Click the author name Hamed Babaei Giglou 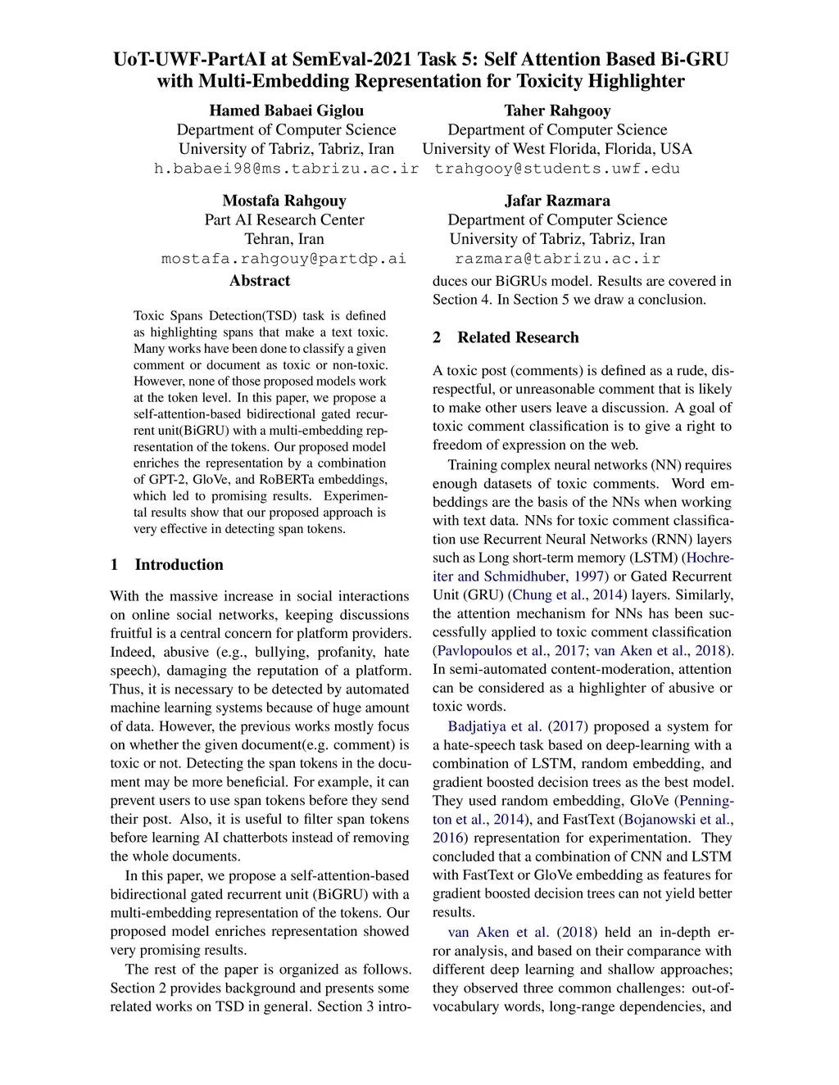coord(286,111)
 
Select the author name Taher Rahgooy coord(557,111)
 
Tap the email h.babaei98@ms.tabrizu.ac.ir coord(286,169)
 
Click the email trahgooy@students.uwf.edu coord(557,169)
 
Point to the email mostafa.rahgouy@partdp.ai coord(283,259)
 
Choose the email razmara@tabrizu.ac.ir coord(557,259)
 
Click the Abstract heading coord(260,280)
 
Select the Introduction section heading coord(179,564)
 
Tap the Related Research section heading coord(518,337)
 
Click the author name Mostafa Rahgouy coord(284,201)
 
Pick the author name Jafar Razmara coord(557,201)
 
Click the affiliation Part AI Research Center coord(284,219)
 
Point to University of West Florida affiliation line coord(557,149)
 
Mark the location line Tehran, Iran coord(284,239)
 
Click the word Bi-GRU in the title coord(694,60)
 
